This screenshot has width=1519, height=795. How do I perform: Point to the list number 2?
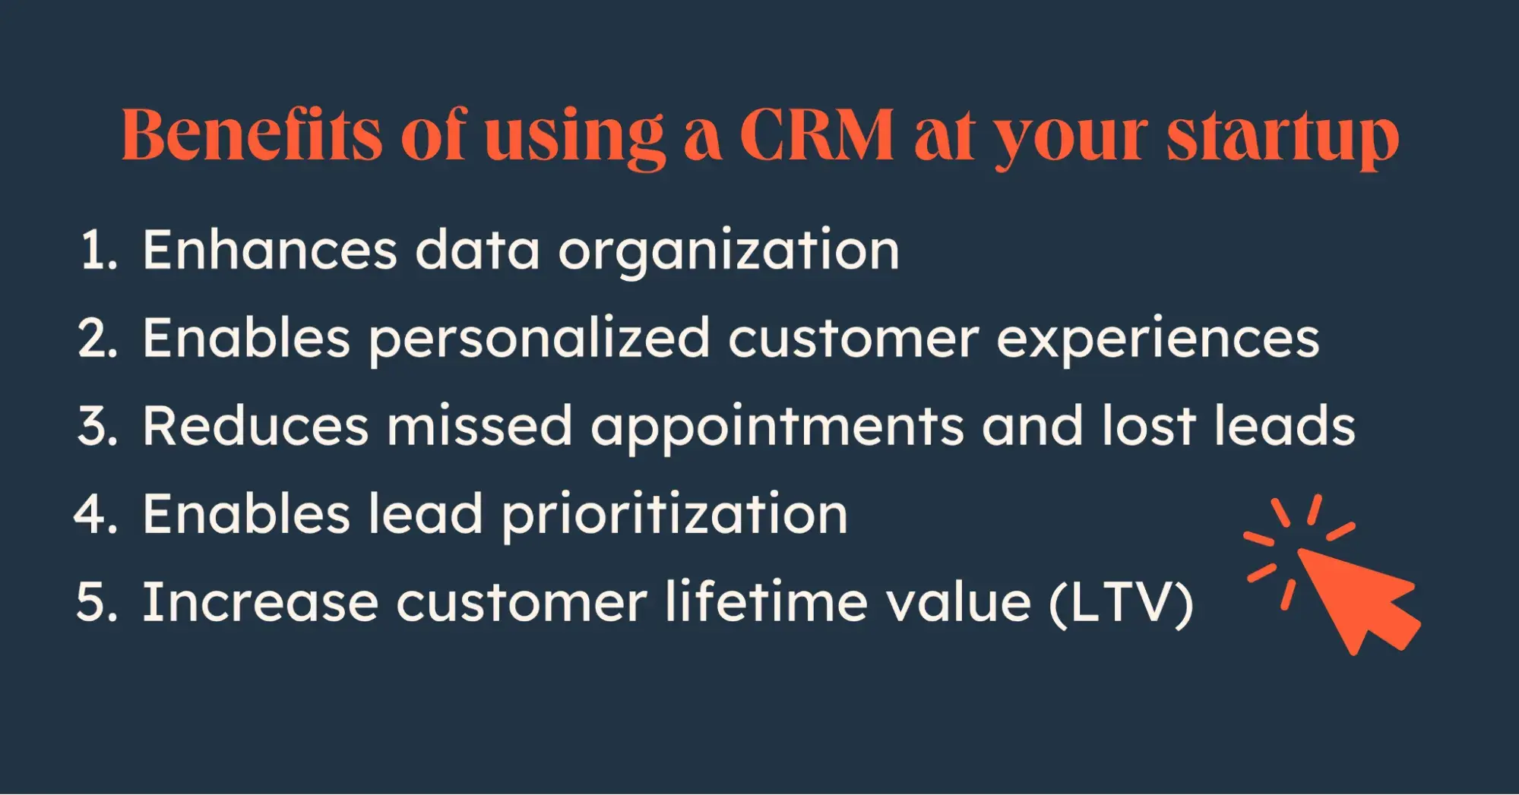coord(98,338)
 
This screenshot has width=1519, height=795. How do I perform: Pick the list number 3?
coord(98,426)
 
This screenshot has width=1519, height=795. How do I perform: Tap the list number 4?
coord(97,514)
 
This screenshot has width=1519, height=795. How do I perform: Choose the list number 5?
coord(97,602)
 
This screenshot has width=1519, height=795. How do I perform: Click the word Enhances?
coord(270,250)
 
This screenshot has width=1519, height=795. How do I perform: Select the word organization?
coord(729,254)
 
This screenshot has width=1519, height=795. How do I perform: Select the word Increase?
coord(261,602)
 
